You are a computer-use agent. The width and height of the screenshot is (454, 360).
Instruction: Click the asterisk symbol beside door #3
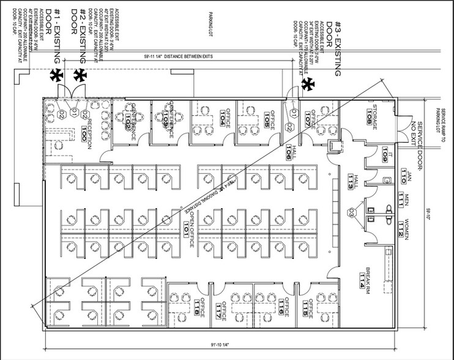click(x=310, y=84)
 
